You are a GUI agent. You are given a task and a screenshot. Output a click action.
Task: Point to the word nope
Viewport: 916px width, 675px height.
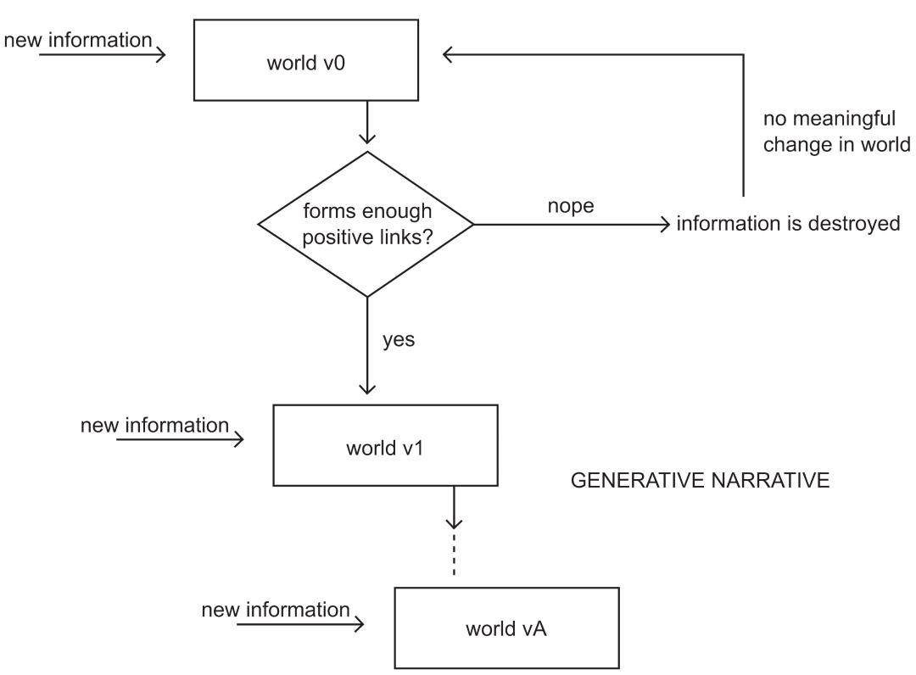click(x=571, y=206)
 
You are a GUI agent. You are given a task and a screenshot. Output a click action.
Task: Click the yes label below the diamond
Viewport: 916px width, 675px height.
click(x=399, y=339)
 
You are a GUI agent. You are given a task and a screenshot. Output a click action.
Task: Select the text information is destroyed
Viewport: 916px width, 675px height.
click(x=788, y=224)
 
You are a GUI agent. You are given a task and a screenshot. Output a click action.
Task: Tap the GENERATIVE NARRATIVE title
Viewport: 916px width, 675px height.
click(x=700, y=480)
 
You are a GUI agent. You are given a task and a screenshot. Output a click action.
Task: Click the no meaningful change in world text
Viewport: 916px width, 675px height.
click(x=836, y=131)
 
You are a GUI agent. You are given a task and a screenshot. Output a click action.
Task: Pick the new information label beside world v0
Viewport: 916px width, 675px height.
click(x=78, y=41)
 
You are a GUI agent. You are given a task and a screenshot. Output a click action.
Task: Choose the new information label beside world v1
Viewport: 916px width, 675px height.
click(x=155, y=425)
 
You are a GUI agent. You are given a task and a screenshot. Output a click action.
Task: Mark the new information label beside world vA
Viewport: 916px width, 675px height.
click(x=276, y=610)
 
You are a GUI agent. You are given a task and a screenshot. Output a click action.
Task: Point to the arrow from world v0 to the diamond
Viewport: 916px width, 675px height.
click(x=367, y=122)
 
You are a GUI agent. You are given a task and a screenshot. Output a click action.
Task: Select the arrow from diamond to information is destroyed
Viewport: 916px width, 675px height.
click(x=572, y=224)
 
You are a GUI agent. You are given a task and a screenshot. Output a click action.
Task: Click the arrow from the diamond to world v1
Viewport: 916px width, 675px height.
click(x=367, y=346)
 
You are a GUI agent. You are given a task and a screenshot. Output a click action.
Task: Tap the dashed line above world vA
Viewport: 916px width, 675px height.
click(x=454, y=553)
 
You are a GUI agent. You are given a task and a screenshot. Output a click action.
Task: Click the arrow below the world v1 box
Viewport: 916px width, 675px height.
click(x=454, y=507)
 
